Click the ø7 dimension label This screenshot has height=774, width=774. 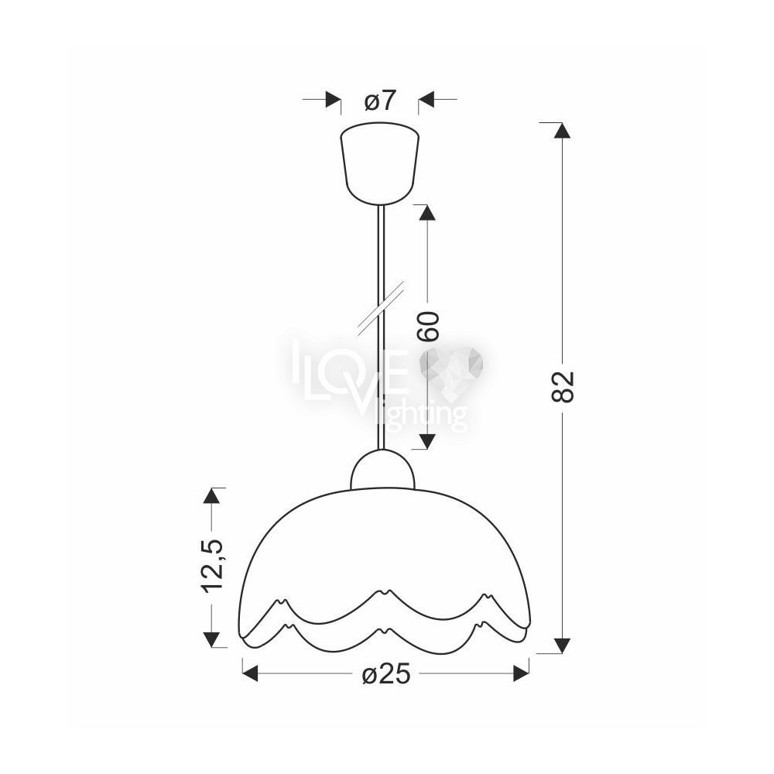[380, 101]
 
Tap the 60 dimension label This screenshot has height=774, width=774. [427, 326]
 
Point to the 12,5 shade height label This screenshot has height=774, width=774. [213, 565]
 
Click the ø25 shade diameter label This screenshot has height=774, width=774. [386, 673]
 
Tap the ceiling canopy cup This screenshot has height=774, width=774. [379, 163]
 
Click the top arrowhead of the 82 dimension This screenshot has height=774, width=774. [562, 130]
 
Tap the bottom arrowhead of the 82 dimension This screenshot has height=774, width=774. [562, 646]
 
